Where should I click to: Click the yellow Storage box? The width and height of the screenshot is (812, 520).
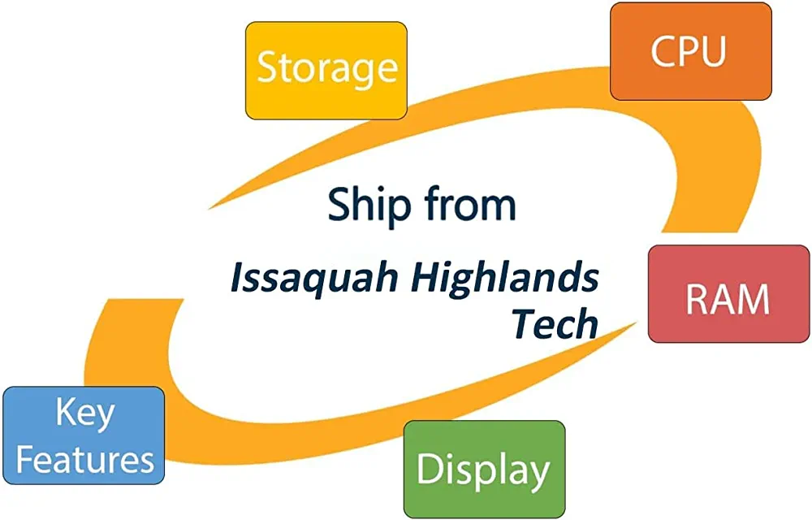326,71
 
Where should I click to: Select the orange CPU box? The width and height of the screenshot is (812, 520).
691,51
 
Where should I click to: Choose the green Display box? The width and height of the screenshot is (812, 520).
484,470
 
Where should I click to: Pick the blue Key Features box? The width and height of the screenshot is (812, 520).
84,435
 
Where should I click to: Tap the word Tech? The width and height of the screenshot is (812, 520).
555,324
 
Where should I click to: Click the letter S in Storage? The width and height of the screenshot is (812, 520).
266,68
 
